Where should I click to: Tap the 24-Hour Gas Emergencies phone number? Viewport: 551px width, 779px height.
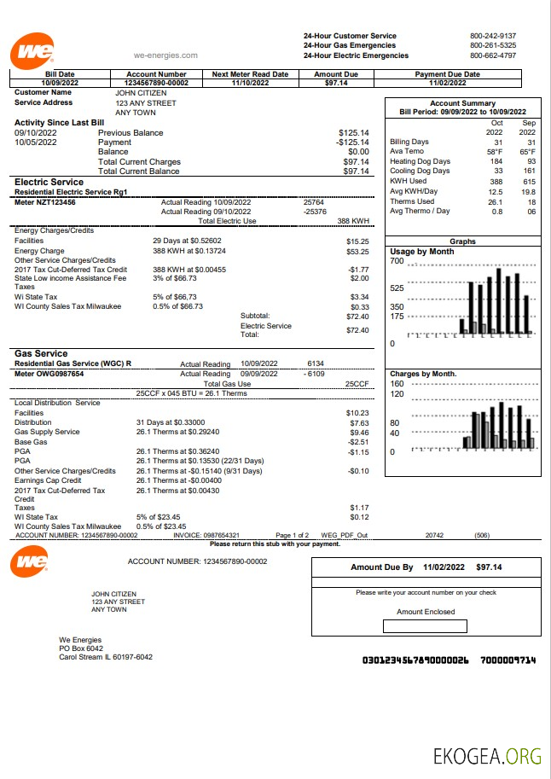tap(492, 45)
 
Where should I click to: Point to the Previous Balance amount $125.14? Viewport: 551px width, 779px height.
tap(353, 133)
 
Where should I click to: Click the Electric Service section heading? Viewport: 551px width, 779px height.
tap(49, 182)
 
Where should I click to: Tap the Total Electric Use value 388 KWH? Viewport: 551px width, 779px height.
tap(352, 221)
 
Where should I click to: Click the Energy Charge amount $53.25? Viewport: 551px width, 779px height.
tap(357, 252)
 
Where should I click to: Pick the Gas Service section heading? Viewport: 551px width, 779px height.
tap(41, 353)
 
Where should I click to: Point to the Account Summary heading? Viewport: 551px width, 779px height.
tap(462, 102)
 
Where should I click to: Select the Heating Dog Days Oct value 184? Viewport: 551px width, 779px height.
tap(496, 161)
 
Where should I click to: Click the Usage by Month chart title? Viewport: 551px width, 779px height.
tap(422, 252)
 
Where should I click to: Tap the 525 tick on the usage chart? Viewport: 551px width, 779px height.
tap(397, 288)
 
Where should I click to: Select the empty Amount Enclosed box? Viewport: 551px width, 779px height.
tap(426, 626)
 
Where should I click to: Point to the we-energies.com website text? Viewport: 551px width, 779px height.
tap(165, 55)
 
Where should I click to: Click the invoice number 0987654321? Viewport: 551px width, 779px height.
tap(223, 535)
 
